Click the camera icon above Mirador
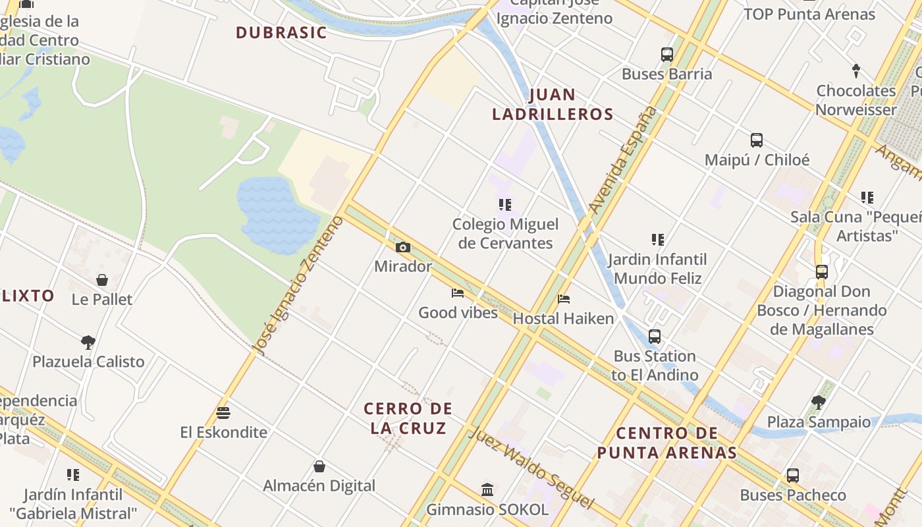click(403, 248)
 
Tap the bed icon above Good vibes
click(458, 293)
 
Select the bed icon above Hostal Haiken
click(563, 299)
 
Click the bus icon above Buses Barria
click(667, 55)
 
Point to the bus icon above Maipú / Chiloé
click(757, 140)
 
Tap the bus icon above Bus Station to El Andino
click(654, 337)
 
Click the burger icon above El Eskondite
click(223, 413)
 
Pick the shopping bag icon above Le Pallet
click(102, 280)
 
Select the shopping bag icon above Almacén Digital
click(319, 466)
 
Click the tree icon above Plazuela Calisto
click(88, 342)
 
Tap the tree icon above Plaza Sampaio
click(819, 402)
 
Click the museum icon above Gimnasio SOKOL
click(487, 489)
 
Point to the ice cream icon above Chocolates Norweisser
click(856, 70)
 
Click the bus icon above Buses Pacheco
click(793, 476)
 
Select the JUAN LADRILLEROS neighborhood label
click(553, 104)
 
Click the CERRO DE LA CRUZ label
click(408, 418)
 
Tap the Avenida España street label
click(622, 160)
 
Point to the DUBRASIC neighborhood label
click(281, 32)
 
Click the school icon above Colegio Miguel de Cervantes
click(505, 205)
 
